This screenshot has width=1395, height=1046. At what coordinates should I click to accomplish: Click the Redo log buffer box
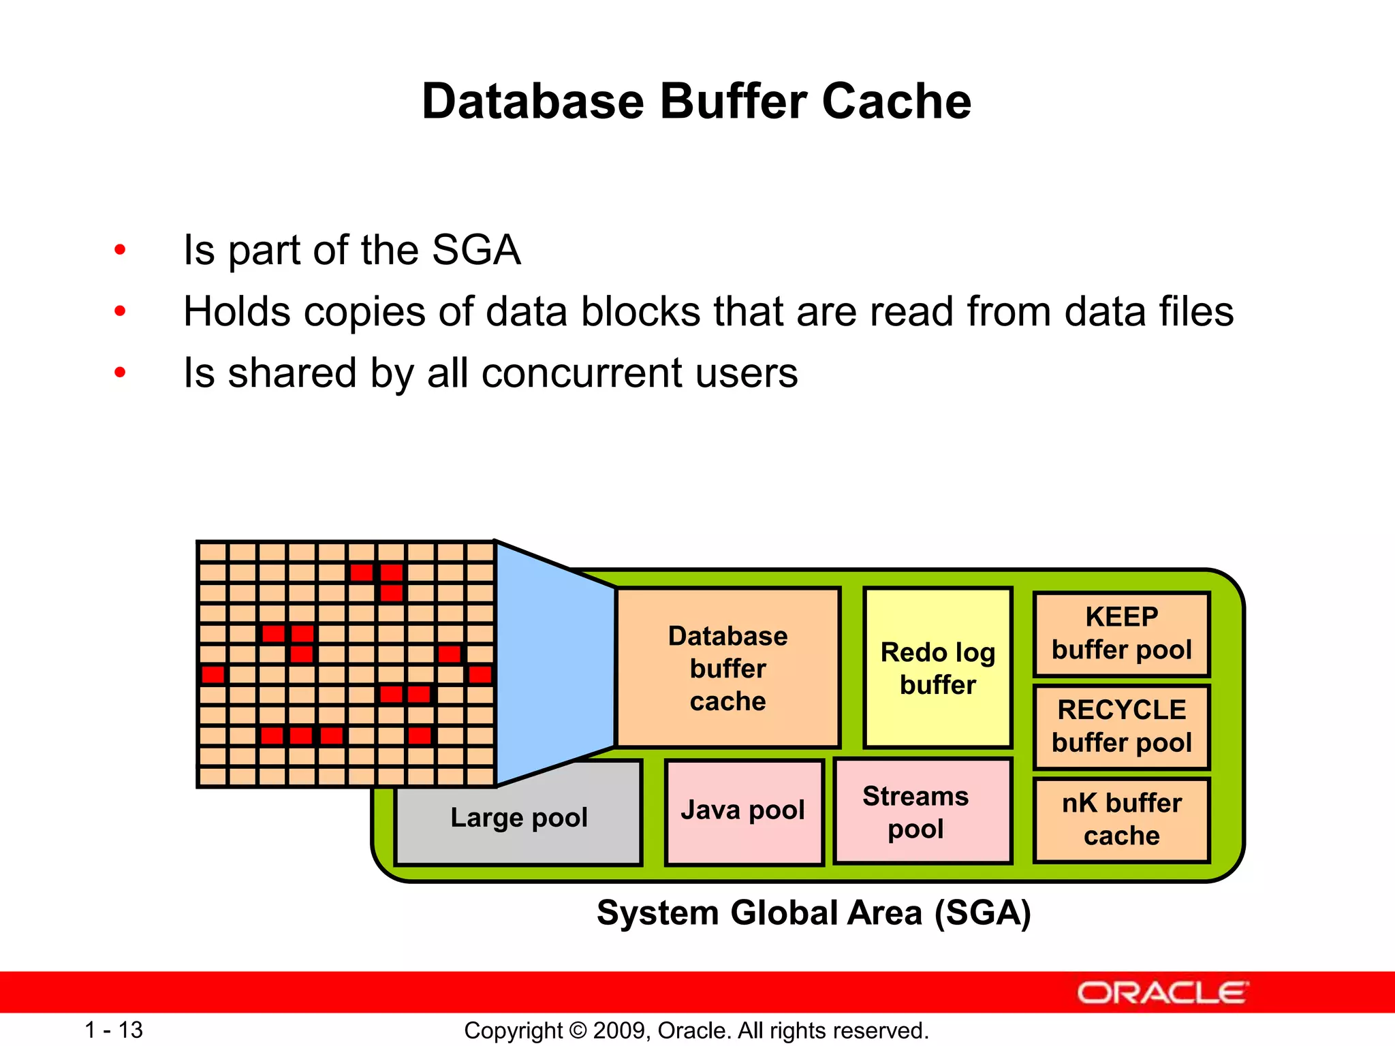(x=937, y=668)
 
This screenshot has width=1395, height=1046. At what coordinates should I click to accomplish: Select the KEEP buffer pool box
(x=1121, y=633)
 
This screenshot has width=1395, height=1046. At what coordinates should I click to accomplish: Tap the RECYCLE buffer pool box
(x=1121, y=727)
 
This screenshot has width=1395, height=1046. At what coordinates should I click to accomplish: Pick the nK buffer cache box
(x=1121, y=819)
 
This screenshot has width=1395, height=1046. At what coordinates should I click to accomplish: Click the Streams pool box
(x=922, y=812)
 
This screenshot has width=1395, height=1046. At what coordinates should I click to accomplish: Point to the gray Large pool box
(x=518, y=817)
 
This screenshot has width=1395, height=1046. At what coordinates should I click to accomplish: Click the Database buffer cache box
(x=727, y=668)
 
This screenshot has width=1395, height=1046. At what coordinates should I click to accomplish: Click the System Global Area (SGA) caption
(x=813, y=913)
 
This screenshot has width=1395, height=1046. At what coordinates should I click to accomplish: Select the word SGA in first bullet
(x=475, y=250)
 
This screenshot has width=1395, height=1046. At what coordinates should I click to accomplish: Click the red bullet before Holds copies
(x=121, y=312)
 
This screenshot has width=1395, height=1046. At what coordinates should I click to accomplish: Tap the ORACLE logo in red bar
(x=1162, y=993)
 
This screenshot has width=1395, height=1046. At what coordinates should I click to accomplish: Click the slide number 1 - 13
(x=113, y=1030)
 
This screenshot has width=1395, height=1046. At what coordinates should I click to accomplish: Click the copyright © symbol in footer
(x=578, y=1030)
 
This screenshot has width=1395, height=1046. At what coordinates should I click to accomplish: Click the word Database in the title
(x=533, y=102)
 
